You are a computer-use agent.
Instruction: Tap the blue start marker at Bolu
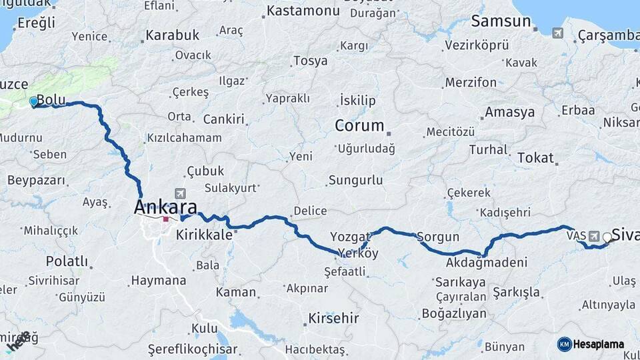(34, 102)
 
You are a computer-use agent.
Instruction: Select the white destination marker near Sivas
(607, 237)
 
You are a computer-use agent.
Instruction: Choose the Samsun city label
(500, 21)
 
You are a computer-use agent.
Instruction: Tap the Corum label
(359, 125)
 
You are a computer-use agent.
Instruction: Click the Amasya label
(509, 112)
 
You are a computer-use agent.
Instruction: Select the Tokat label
(535, 158)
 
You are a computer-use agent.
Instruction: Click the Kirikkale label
(204, 235)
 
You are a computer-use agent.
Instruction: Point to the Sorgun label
(438, 237)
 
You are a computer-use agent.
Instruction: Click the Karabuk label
(173, 35)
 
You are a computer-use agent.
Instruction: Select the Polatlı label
(67, 261)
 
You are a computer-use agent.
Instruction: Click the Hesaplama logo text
(599, 344)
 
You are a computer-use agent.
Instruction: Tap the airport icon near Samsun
(557, 33)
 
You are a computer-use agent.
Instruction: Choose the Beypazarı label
(37, 180)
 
